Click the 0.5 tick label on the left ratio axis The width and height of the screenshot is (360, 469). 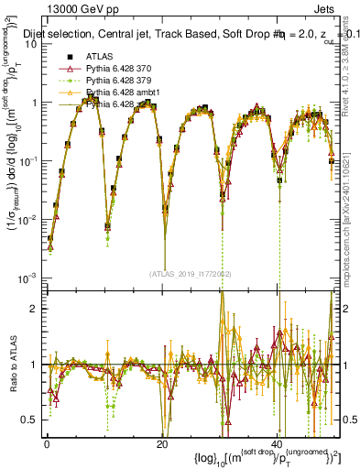click(27, 420)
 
